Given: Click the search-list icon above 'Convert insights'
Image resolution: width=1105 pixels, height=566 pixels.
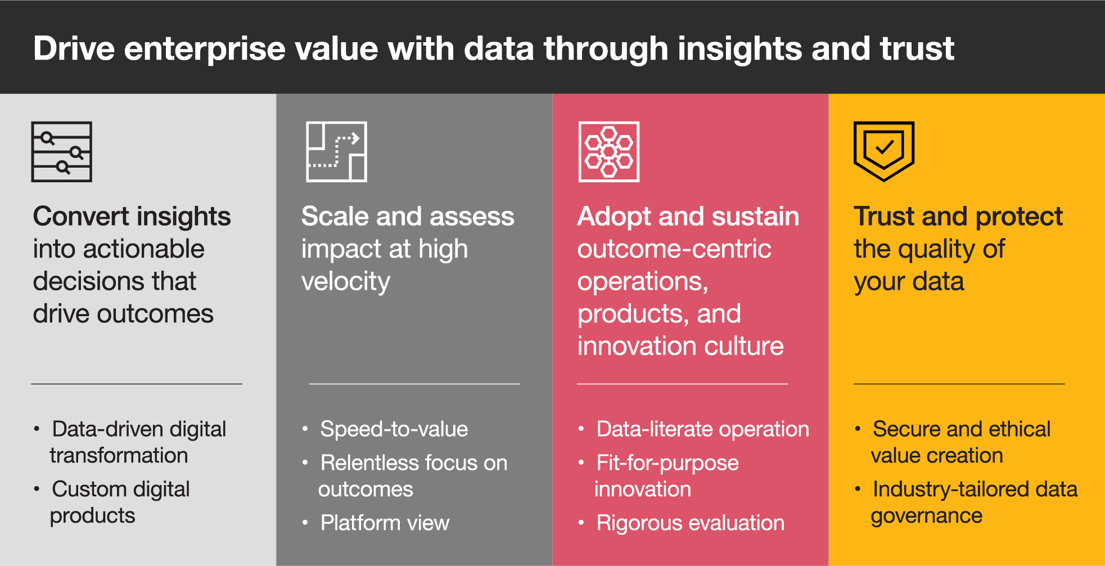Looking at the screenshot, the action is pyautogui.click(x=61, y=152).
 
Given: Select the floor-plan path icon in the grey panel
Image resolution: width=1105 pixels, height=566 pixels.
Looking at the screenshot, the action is pyautogui.click(x=336, y=152).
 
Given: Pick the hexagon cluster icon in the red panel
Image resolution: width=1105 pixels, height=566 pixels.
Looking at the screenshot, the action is pyautogui.click(x=609, y=152).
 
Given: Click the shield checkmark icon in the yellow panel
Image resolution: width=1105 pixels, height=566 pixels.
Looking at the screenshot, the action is pyautogui.click(x=884, y=151).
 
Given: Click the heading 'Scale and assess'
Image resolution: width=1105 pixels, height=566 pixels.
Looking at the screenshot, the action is pyautogui.click(x=408, y=217).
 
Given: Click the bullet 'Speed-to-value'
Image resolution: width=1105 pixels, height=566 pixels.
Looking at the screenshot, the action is pyautogui.click(x=394, y=430).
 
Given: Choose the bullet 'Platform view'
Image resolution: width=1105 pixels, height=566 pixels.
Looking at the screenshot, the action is pyautogui.click(x=385, y=524).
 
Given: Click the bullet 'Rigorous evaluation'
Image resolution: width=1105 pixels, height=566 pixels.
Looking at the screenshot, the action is pyautogui.click(x=691, y=524).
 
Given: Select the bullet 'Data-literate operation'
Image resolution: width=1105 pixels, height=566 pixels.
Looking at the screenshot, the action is pyautogui.click(x=703, y=430).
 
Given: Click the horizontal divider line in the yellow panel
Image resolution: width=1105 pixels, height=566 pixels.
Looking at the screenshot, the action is pyautogui.click(x=959, y=384).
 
